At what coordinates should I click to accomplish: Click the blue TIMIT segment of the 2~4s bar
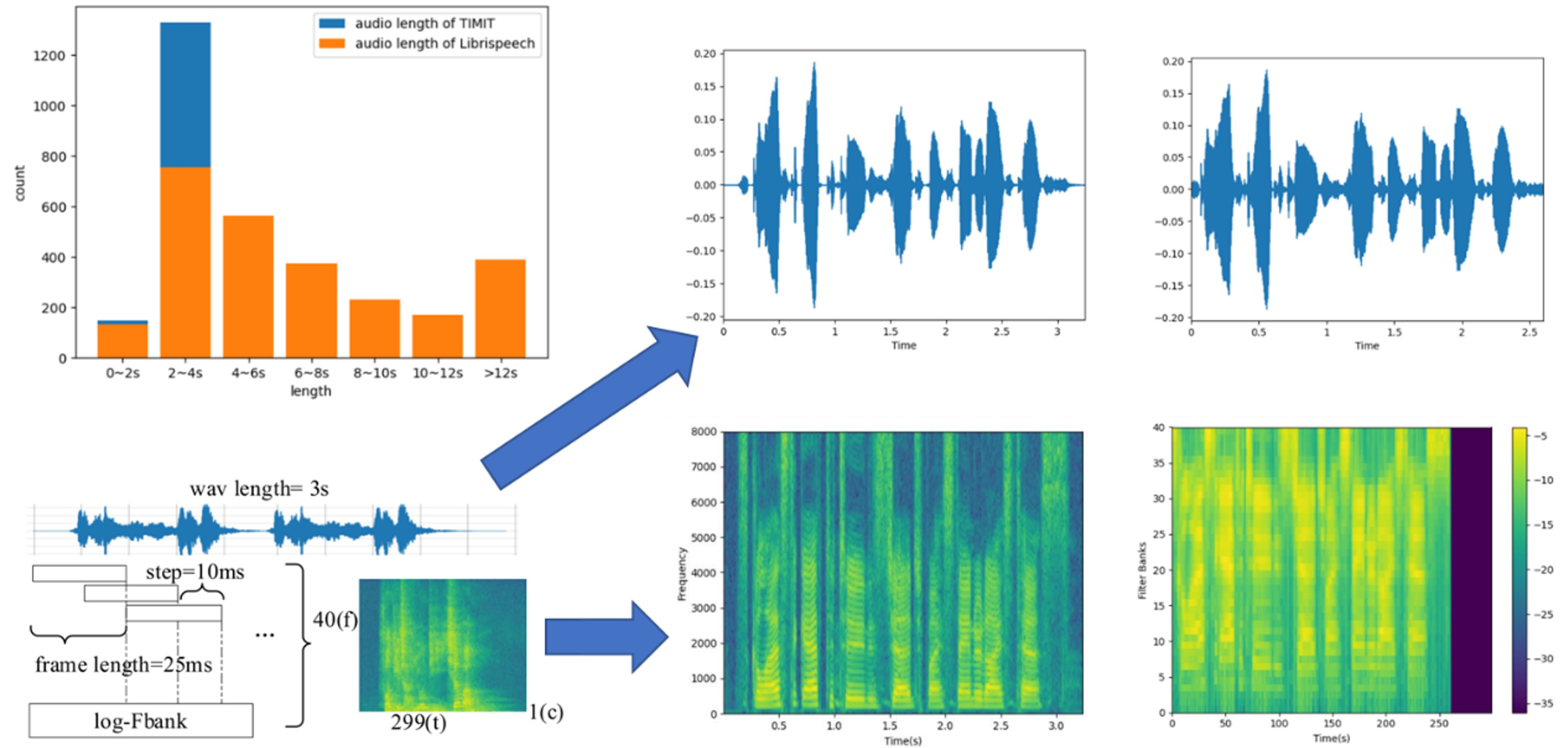click(185, 94)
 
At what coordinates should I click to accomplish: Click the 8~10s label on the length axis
click(375, 373)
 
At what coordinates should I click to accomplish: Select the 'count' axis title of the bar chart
click(19, 183)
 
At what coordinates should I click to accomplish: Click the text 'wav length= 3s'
click(259, 489)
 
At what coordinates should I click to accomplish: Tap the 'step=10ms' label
click(195, 572)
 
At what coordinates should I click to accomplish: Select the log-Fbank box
click(141, 721)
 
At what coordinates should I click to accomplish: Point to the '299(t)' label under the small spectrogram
click(418, 723)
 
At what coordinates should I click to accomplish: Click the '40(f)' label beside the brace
click(334, 619)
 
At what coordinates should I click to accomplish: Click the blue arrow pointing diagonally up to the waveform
click(589, 407)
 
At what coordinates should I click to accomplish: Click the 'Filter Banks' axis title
click(1142, 571)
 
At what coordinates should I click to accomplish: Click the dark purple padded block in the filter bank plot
click(1470, 570)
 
